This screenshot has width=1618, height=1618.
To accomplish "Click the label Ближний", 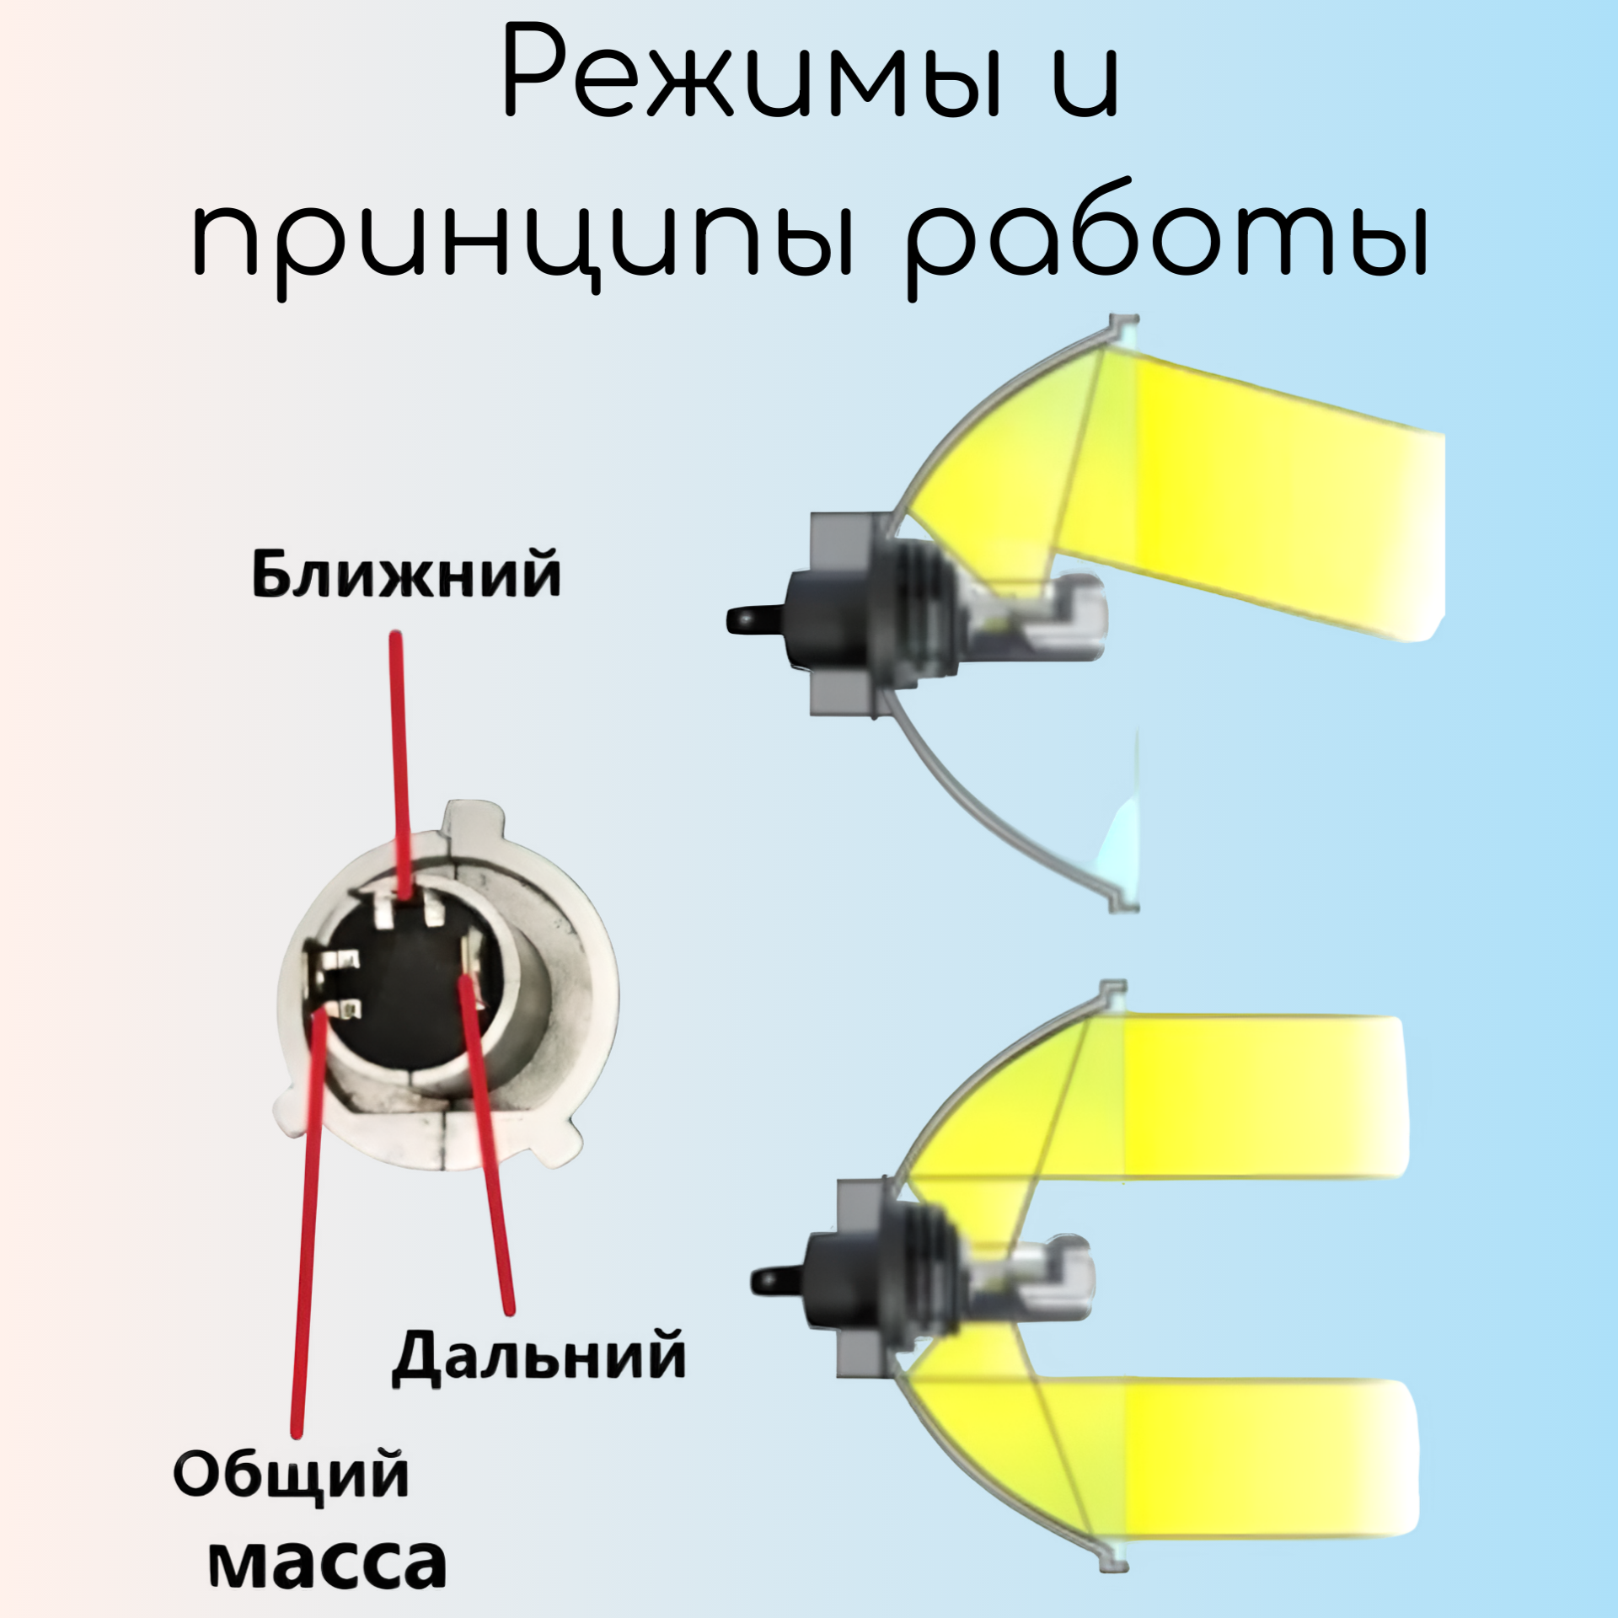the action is point(406,576).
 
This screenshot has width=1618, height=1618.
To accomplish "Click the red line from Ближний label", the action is point(399,758).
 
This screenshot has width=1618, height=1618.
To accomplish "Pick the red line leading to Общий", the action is point(307,1222).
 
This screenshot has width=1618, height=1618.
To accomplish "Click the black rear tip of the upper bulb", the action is point(746,620).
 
